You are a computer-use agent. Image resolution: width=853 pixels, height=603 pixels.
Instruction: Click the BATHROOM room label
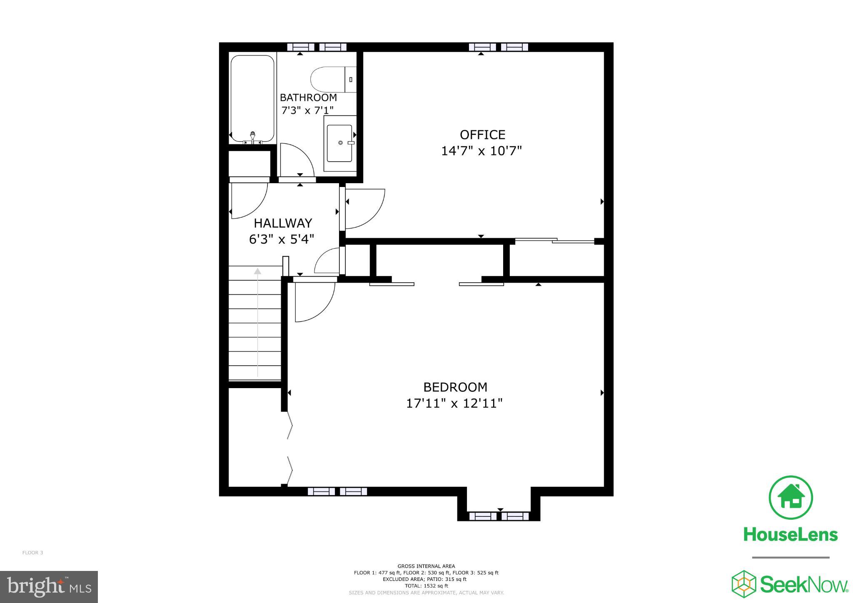coord(308,97)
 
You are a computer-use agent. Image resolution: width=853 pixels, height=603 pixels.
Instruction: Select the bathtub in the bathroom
coord(252,99)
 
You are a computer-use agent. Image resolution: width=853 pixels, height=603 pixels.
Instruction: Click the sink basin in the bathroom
coord(340,143)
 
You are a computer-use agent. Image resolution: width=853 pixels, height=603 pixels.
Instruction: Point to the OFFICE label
coord(482,135)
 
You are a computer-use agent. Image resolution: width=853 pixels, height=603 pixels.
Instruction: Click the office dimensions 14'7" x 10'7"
coord(481,151)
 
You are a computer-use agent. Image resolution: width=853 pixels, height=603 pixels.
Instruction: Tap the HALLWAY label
coord(283,223)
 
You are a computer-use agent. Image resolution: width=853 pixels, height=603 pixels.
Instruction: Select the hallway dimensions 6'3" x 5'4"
coord(282,239)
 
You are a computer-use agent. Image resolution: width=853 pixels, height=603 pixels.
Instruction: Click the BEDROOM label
coord(455,387)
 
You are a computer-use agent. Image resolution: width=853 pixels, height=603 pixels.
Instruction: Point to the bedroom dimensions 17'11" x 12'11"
coord(454,404)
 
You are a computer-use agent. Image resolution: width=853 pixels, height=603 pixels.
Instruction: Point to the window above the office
coord(499,47)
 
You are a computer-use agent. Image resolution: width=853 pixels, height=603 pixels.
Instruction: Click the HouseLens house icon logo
coord(790,498)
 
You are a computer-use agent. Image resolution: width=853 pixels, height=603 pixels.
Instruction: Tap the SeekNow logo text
coord(804,584)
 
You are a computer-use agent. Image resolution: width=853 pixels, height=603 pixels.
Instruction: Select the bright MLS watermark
coord(49,587)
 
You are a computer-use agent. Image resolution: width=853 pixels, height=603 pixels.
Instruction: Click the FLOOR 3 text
coord(32,553)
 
